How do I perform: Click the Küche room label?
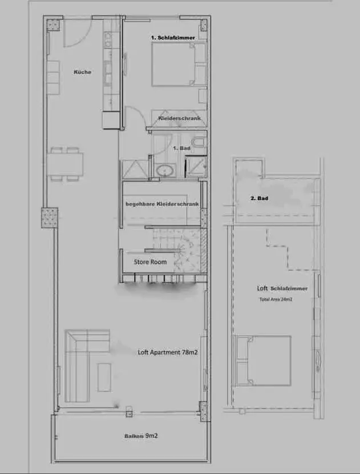(82, 72)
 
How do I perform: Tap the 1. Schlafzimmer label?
(173, 38)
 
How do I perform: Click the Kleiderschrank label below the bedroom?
(179, 118)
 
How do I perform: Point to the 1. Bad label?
(181, 148)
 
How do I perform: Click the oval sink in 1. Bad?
(165, 171)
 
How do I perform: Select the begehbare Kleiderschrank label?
(162, 204)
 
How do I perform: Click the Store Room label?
(150, 262)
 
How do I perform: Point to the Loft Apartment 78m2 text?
(168, 352)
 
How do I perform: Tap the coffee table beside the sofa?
(104, 377)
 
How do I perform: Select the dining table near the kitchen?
(65, 164)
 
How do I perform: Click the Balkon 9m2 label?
(141, 436)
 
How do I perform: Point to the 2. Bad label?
(260, 198)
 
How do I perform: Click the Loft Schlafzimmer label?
(282, 288)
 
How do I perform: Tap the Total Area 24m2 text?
(276, 300)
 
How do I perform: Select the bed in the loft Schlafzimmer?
(263, 360)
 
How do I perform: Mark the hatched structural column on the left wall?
(50, 218)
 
